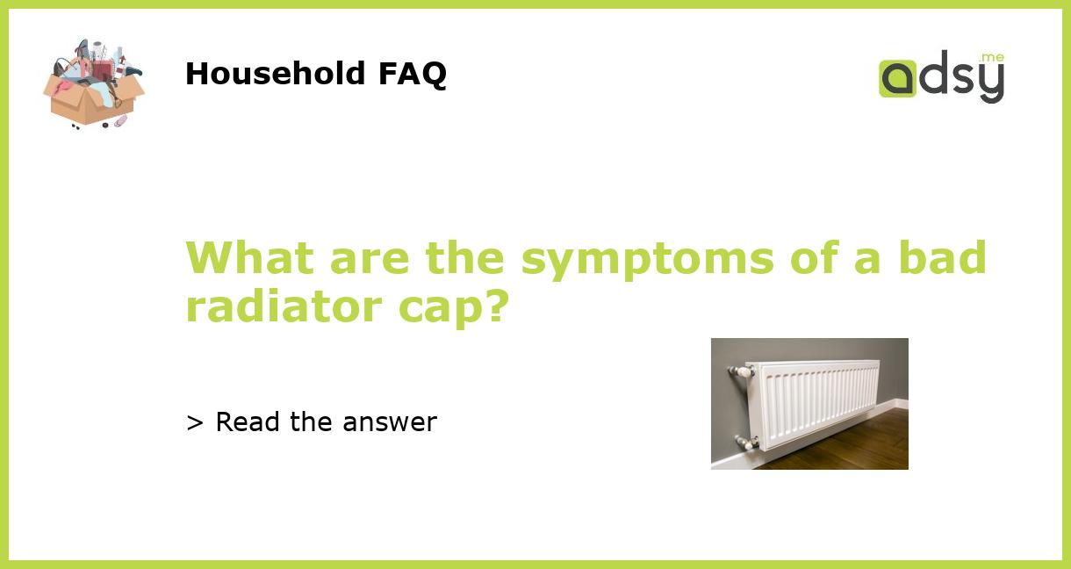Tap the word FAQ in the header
[412, 74]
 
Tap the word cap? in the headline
[467, 307]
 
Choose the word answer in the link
[390, 423]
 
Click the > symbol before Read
[195, 423]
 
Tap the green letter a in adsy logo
[897, 78]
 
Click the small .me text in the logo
[992, 58]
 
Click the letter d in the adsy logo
[931, 76]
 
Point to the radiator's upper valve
[740, 372]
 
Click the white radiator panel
[812, 400]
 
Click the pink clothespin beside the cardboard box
[120, 120]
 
